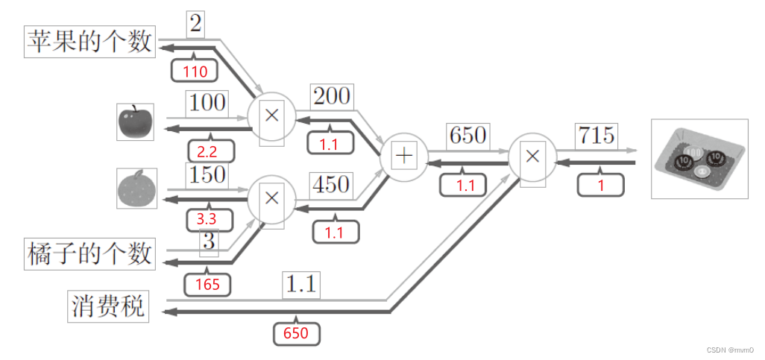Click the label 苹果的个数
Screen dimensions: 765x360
89,42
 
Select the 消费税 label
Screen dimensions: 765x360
108,306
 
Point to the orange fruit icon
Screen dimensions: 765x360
136,188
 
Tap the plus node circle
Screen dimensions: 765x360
403,156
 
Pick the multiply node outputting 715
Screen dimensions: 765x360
532,156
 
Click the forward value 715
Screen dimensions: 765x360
596,136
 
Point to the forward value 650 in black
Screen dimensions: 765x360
467,136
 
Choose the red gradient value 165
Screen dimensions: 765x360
207,284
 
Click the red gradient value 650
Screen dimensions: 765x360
295,333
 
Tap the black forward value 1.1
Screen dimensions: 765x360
301,284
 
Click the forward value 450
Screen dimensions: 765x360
330,183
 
